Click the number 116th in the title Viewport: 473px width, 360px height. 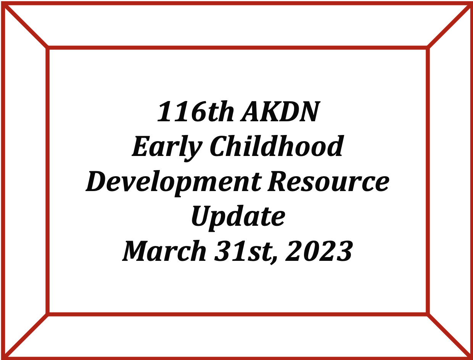[196, 112]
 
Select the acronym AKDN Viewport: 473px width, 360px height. [280, 112]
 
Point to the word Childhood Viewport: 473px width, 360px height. [276, 146]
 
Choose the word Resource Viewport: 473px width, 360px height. [328, 181]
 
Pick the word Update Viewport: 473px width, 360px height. [238, 218]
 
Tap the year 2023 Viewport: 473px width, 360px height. [319, 251]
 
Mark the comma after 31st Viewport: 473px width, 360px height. [274, 260]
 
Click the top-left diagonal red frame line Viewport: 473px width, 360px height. [26, 26]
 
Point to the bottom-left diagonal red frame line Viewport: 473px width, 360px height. [26, 336]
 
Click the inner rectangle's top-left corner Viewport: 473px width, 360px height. [48, 48]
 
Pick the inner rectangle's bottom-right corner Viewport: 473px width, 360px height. [428, 314]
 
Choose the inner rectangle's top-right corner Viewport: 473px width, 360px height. [428, 48]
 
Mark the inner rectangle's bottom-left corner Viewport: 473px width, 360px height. [48, 314]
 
